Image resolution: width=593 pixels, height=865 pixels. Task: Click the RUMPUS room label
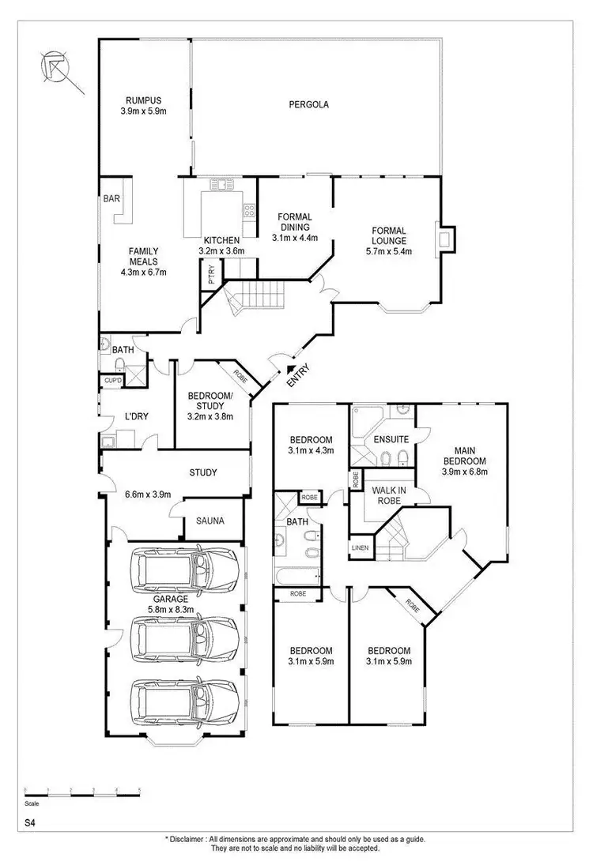click(143, 100)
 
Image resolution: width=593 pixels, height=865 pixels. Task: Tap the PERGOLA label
click(308, 104)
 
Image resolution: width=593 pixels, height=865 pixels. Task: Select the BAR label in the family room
click(111, 199)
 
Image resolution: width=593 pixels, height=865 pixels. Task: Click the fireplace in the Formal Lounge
click(445, 238)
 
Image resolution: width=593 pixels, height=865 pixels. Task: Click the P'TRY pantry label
click(211, 276)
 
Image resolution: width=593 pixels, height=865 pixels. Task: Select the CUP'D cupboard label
click(113, 381)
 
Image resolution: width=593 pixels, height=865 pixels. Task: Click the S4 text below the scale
click(29, 822)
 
